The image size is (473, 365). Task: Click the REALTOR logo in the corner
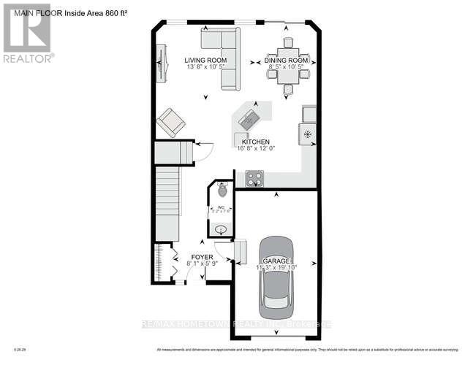[x=27, y=32]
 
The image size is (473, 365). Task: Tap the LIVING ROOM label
[x=205, y=61]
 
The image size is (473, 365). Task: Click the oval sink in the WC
[x=220, y=229]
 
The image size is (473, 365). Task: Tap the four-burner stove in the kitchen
[x=254, y=177]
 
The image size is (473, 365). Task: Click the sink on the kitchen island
[x=249, y=118]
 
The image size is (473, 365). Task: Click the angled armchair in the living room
[x=171, y=122]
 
